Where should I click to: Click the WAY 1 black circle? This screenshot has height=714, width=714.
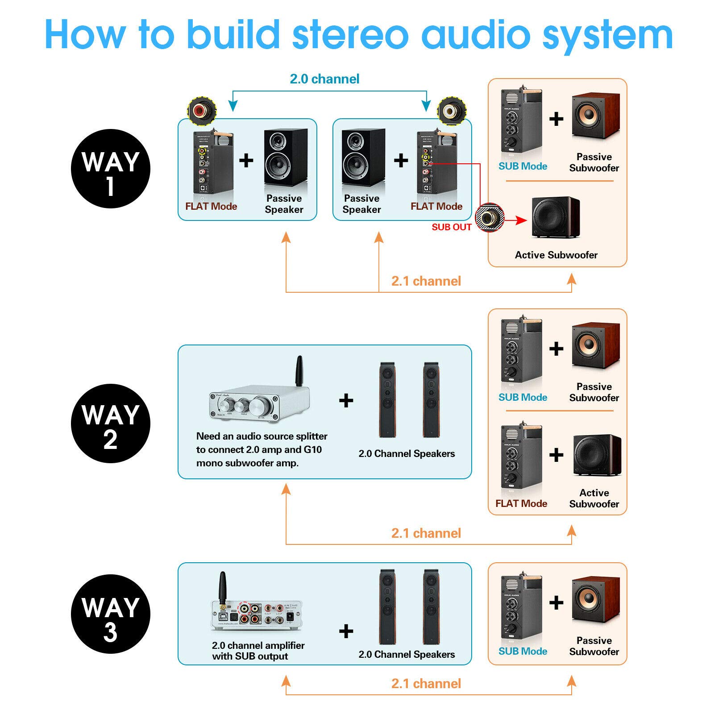point(110,169)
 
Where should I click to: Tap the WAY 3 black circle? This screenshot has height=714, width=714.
point(110,614)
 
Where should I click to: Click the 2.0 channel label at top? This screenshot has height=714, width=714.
point(324,79)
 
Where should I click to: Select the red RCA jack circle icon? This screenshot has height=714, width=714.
point(202,110)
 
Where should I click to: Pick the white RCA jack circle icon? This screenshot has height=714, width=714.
point(451,110)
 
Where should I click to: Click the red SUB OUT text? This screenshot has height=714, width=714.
point(451,227)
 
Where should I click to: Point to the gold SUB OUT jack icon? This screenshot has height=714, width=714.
point(489,217)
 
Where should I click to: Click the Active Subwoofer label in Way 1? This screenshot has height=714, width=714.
point(556,255)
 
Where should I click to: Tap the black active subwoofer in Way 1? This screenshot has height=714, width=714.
point(556,217)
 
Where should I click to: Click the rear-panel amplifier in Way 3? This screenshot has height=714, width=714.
point(257,615)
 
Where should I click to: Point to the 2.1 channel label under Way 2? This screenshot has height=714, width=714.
point(426,533)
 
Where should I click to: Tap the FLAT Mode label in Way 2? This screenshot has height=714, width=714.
point(521,503)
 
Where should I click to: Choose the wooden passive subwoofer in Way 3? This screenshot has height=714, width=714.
point(596,600)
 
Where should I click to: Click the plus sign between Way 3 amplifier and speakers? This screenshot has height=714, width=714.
point(346,631)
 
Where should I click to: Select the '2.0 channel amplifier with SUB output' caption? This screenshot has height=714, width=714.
point(258,651)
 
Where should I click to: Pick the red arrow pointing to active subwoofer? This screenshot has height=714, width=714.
point(518,220)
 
